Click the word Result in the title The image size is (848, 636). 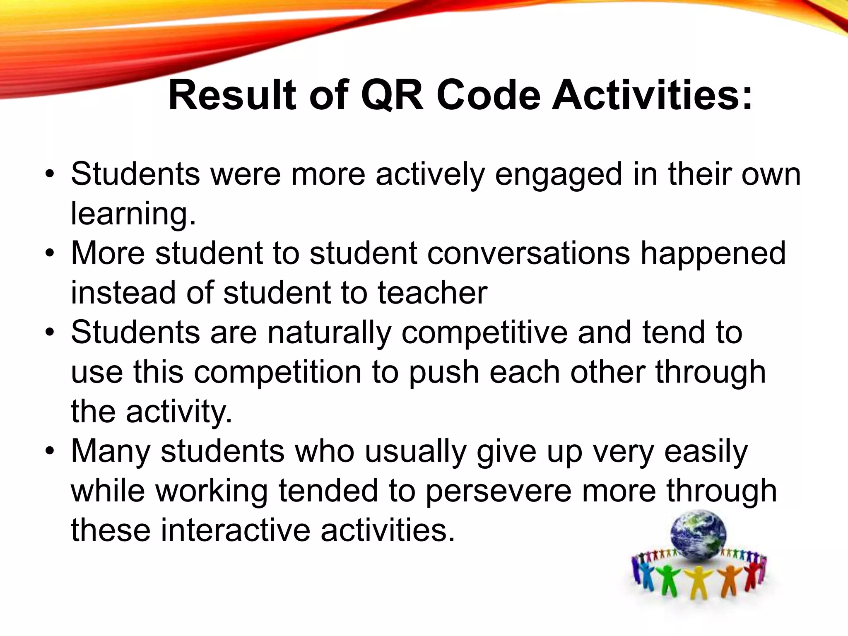(232, 96)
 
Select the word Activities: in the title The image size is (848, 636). (652, 96)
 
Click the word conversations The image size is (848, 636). (528, 253)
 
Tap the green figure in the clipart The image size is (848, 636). (666, 578)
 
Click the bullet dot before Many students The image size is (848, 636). (50, 451)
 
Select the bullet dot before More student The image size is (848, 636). (50, 253)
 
